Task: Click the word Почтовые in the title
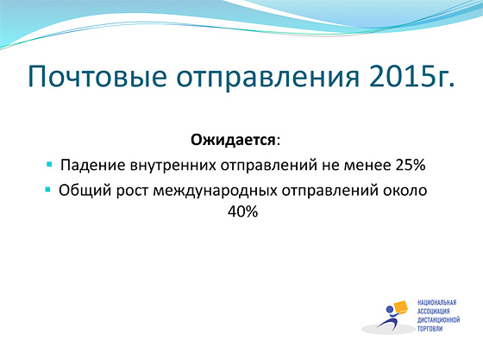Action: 97,77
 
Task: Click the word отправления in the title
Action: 267,78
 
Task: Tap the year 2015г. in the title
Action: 412,76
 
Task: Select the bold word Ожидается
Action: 233,141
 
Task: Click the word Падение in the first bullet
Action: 93,166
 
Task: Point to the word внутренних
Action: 172,166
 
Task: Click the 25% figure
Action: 411,165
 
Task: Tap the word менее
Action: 367,166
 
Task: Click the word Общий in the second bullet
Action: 85,191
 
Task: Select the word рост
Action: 132,191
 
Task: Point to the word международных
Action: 215,191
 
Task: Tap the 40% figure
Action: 242,212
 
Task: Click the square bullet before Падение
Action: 49,164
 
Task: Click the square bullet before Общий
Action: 47,189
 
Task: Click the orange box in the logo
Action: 399,307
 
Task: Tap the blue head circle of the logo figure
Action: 390,309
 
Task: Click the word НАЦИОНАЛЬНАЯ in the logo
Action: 436,302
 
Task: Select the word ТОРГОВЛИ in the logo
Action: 430,329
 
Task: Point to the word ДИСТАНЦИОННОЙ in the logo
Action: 439,320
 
